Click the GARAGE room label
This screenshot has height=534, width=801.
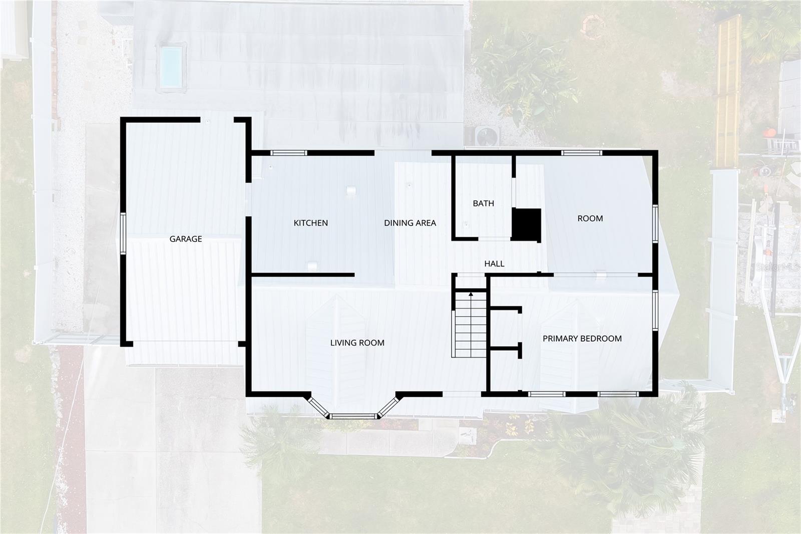point(186,239)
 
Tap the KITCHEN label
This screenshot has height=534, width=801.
point(310,223)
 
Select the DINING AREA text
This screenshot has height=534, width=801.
point(410,223)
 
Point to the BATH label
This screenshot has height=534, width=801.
point(483,203)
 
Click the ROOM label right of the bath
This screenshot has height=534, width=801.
point(590,218)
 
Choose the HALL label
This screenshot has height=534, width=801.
point(494,263)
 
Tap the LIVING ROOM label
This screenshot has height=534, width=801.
point(357,343)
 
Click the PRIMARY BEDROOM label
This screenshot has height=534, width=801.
point(582,339)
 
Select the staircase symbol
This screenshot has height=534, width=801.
point(470,325)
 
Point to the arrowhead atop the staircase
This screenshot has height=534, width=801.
point(471,295)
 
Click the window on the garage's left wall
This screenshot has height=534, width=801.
point(123,234)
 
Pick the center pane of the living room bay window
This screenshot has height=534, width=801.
point(353,416)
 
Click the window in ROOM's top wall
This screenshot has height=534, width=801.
point(581,153)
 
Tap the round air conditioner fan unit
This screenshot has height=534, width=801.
point(487,136)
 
